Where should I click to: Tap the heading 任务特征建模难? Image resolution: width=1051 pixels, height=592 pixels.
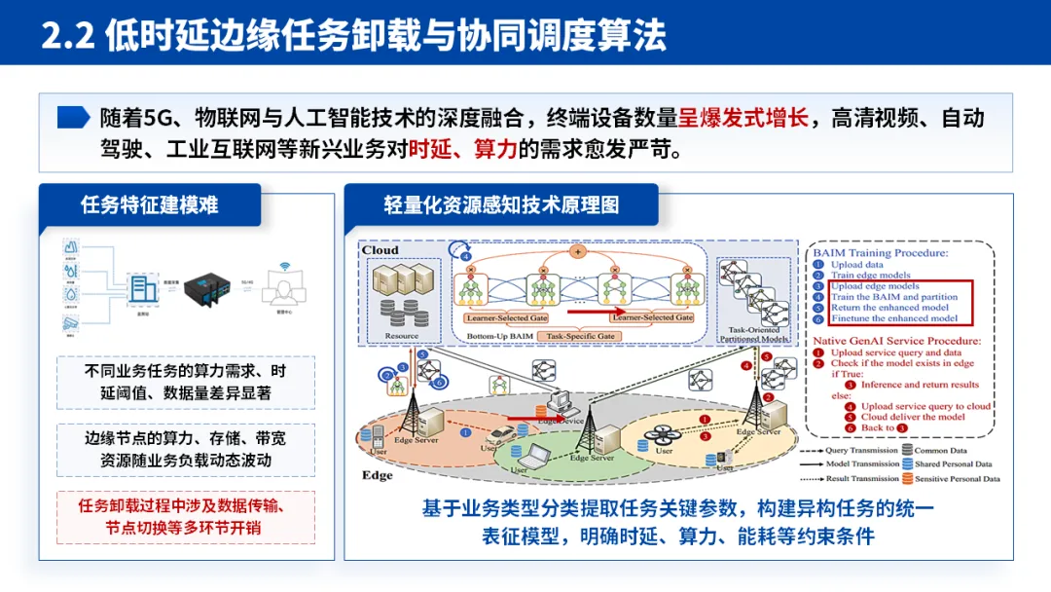pyautogui.click(x=150, y=204)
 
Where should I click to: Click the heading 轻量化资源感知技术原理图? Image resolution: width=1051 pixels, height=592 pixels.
pyautogui.click(x=500, y=204)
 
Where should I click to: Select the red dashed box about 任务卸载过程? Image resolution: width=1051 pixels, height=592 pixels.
pyautogui.click(x=183, y=517)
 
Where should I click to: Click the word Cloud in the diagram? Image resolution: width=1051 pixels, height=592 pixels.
pyautogui.click(x=381, y=250)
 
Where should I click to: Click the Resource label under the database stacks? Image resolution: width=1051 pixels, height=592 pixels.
pyautogui.click(x=401, y=336)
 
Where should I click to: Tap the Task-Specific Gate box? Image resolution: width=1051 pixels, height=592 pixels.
pyautogui.click(x=581, y=336)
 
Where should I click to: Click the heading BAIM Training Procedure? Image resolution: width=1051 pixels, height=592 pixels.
pyautogui.click(x=880, y=252)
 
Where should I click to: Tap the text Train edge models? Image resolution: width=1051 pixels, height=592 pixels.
pyautogui.click(x=871, y=276)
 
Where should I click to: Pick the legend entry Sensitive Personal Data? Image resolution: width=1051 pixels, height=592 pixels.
pyautogui.click(x=957, y=479)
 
